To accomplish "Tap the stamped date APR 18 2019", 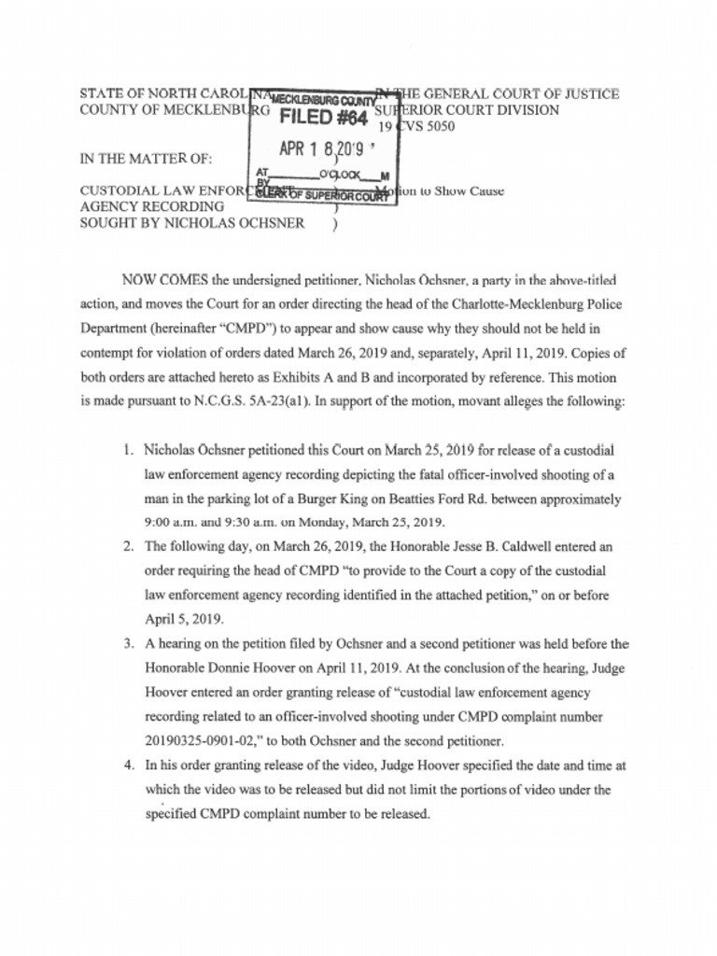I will click(321, 148).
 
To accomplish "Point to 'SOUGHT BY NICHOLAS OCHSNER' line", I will click(191, 223).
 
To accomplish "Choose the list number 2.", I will click(128, 546).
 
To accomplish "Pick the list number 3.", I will click(128, 643).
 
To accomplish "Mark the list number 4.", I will click(128, 765).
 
